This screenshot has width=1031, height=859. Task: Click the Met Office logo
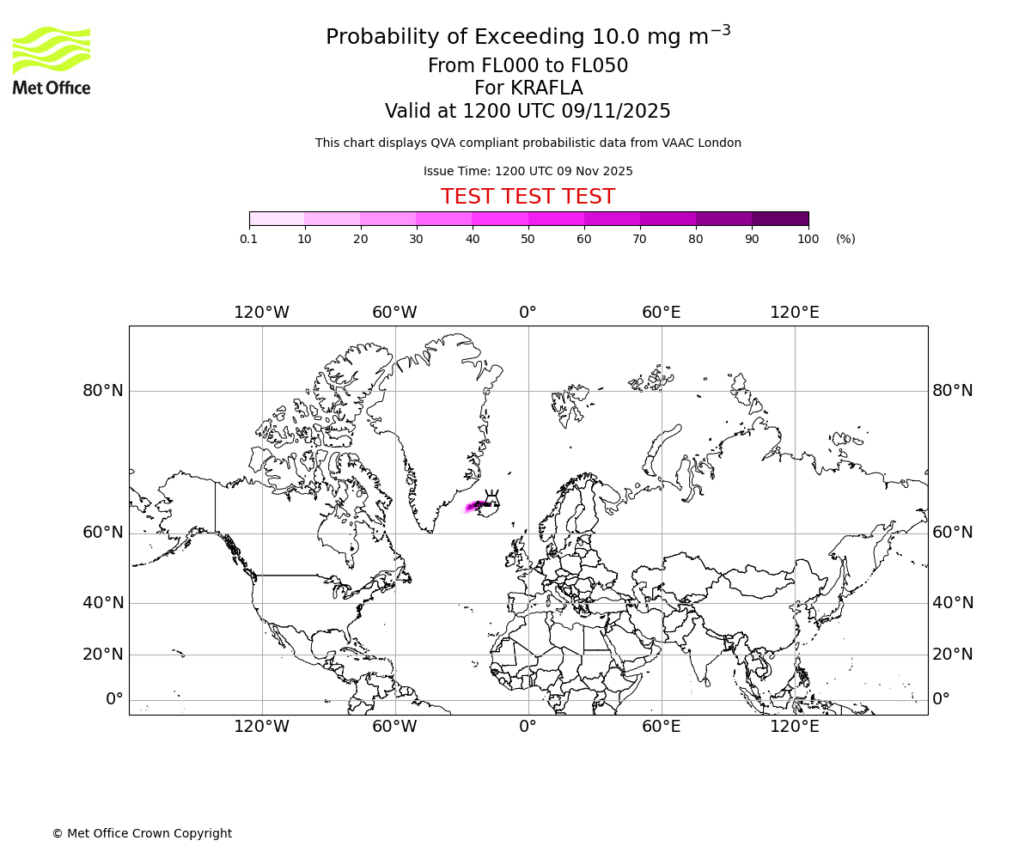click(52, 60)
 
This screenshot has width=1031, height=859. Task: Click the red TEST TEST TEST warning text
click(528, 197)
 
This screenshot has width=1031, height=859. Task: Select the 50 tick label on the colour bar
click(528, 239)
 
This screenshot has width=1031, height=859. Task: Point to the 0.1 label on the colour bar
click(248, 239)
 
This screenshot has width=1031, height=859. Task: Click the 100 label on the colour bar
click(808, 239)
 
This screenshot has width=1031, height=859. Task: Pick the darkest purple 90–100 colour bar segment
click(780, 218)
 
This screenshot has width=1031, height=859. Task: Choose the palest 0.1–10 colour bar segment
click(277, 218)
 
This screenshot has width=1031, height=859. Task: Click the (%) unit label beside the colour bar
click(845, 239)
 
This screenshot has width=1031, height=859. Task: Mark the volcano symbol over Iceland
click(491, 497)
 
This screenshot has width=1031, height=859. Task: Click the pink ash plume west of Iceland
click(473, 507)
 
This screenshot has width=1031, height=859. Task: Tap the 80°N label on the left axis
click(103, 391)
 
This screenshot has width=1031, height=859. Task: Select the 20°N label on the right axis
click(953, 655)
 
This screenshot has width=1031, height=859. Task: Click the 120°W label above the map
click(261, 313)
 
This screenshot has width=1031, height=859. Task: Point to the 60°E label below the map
click(661, 727)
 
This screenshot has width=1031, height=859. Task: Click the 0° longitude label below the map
click(528, 727)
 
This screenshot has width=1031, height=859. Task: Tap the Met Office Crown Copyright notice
click(142, 833)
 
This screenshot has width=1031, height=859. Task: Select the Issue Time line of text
click(528, 171)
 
